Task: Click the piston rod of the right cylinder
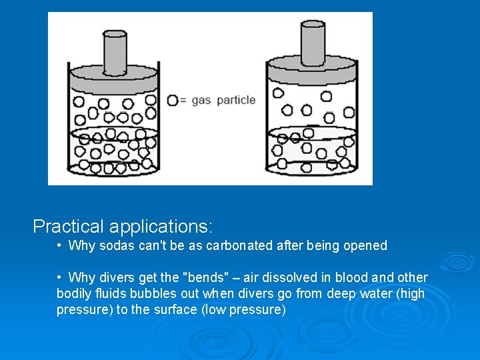[313, 41]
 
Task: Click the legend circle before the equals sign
[173, 100]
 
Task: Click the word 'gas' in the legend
[201, 101]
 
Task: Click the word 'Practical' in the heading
[69, 227]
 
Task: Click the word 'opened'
[365, 245]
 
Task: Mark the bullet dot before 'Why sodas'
[60, 245]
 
